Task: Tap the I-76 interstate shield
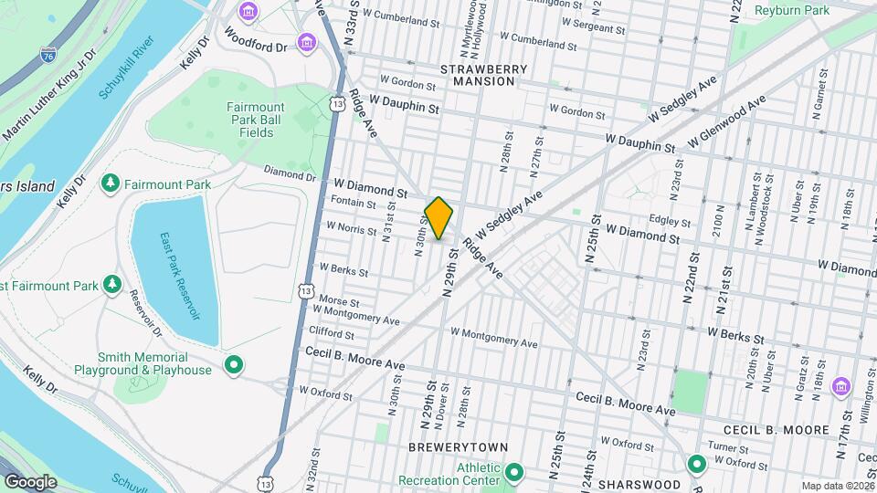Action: click(x=48, y=55)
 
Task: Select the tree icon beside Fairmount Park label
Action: click(x=111, y=184)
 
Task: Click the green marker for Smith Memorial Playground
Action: click(x=233, y=365)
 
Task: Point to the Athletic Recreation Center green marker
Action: click(x=513, y=472)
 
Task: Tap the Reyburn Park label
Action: click(x=792, y=10)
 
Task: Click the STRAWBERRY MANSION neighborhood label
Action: click(x=477, y=75)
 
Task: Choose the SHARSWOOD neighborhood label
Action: click(x=638, y=483)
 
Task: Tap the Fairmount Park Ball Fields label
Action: click(x=256, y=120)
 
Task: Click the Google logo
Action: click(x=30, y=481)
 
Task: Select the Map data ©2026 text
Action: click(x=838, y=486)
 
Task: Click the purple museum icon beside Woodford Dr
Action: click(x=308, y=45)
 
